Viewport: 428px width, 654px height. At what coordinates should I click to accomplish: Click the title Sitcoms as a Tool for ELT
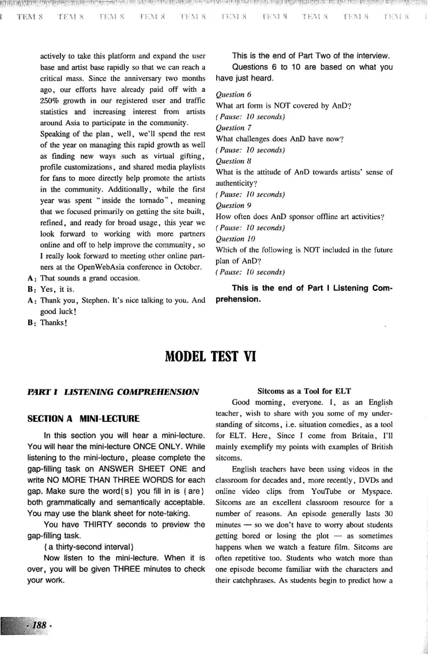[x=304, y=391]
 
